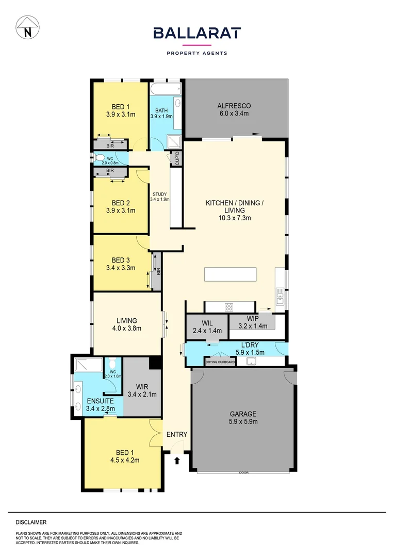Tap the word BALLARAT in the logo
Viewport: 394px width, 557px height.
pyautogui.click(x=197, y=34)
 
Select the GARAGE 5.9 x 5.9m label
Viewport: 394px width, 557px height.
pyautogui.click(x=243, y=417)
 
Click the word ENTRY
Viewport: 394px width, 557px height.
pyautogui.click(x=176, y=435)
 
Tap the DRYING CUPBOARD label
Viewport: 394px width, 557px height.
pyautogui.click(x=220, y=363)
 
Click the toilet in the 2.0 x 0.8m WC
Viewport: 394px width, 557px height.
pyautogui.click(x=96, y=158)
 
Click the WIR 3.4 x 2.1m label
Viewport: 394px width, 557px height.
pyautogui.click(x=142, y=390)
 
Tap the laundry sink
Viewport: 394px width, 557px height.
pyautogui.click(x=252, y=361)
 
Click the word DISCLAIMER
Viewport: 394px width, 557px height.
pyautogui.click(x=31, y=522)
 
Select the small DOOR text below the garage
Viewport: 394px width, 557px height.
pyautogui.click(x=243, y=472)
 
